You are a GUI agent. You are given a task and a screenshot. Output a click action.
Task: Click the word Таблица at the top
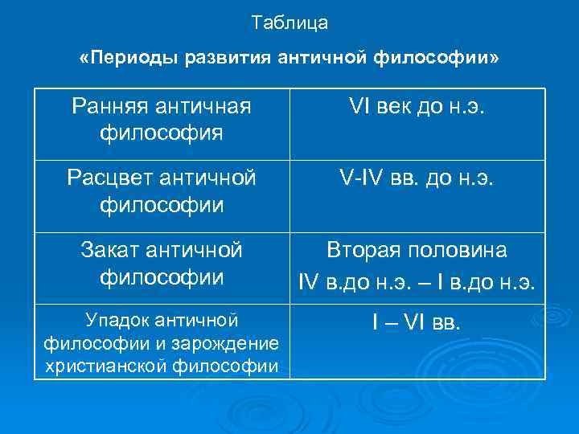289,23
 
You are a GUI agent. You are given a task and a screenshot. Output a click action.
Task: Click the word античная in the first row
207,105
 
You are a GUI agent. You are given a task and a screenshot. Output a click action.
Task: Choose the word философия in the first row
162,131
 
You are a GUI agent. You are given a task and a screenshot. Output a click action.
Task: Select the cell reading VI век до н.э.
417,105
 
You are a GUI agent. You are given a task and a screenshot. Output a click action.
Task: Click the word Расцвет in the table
112,177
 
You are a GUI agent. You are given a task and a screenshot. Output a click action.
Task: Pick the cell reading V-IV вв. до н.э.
417,177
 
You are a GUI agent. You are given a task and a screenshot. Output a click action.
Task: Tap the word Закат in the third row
112,251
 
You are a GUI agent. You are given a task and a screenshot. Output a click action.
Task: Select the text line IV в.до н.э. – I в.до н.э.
417,282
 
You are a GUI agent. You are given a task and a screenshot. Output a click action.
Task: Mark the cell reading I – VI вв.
417,324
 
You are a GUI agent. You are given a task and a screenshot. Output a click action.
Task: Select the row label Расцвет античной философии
162,190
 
